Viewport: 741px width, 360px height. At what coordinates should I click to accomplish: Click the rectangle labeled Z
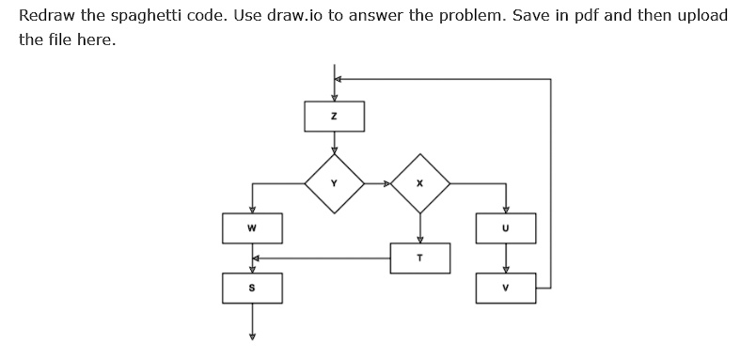(x=334, y=117)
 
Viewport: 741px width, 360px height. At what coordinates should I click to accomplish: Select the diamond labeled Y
(x=334, y=183)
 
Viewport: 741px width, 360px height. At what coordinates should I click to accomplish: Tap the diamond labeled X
(x=420, y=183)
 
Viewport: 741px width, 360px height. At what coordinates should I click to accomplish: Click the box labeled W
(x=252, y=227)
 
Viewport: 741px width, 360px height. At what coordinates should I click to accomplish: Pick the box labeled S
(x=252, y=288)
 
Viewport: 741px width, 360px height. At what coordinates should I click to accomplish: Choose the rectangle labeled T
(x=420, y=258)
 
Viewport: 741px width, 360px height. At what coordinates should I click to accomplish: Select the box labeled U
(x=505, y=227)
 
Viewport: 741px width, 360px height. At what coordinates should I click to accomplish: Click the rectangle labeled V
(x=505, y=288)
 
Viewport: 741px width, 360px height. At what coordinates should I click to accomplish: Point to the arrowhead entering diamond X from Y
(x=386, y=183)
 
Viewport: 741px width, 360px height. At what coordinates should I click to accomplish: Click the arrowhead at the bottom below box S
(x=252, y=337)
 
